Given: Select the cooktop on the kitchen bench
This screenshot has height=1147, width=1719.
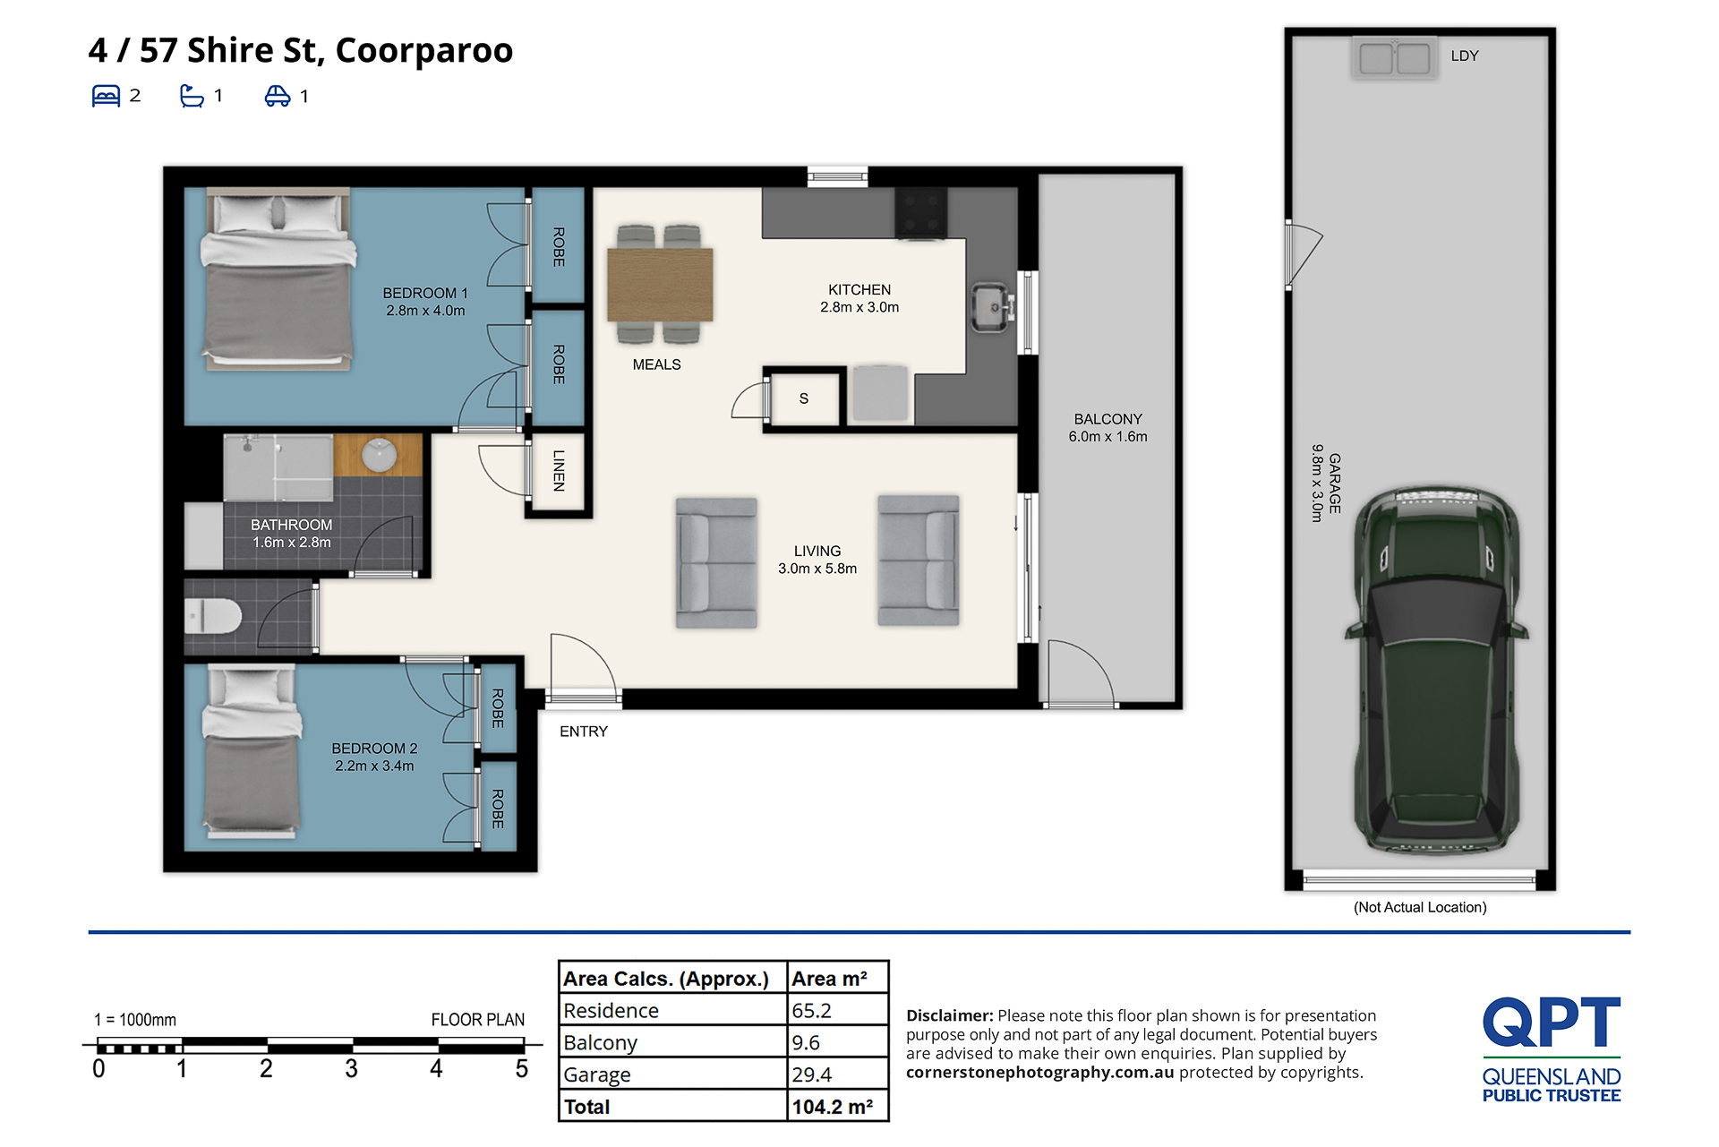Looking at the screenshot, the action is click(x=920, y=213).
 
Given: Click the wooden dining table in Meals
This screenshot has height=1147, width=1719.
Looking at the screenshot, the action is click(x=660, y=284).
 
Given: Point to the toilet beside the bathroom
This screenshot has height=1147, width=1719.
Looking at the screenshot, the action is click(x=213, y=616).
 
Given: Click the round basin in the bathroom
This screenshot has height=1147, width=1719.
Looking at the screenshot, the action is click(x=380, y=455).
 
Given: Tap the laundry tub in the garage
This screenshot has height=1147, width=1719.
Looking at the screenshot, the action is click(x=1394, y=58).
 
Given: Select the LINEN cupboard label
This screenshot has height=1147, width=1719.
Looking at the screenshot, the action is click(x=559, y=470).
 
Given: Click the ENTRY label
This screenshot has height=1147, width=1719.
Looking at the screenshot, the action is click(x=584, y=732).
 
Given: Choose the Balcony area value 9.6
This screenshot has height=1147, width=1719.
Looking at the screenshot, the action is click(x=806, y=1042).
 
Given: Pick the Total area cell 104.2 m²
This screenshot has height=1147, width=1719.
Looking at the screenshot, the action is click(x=833, y=1107).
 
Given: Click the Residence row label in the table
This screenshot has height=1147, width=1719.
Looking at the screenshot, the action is click(x=611, y=1011).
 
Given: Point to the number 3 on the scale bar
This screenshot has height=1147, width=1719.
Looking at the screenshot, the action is click(x=351, y=1068).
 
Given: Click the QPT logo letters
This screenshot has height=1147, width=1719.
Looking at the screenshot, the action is click(x=1552, y=1022).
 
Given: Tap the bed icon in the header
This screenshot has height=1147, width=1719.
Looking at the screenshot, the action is click(x=106, y=96).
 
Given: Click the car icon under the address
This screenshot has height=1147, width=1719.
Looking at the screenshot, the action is click(x=278, y=96).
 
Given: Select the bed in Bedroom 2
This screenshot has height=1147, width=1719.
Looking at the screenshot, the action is click(x=252, y=750).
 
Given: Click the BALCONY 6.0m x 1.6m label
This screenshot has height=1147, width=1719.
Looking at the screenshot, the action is click(x=1108, y=428).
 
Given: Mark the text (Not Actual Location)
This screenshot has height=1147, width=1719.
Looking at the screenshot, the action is click(x=1420, y=907).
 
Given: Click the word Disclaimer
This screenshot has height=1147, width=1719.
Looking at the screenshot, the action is click(x=949, y=1015).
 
